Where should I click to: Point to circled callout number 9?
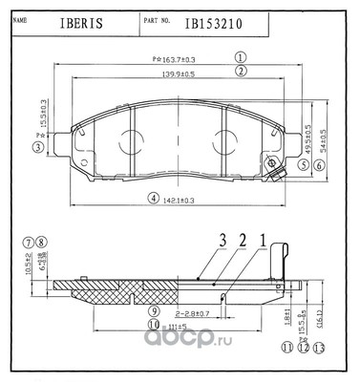(x=153, y=311)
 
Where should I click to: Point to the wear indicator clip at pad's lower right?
(x=278, y=171)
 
